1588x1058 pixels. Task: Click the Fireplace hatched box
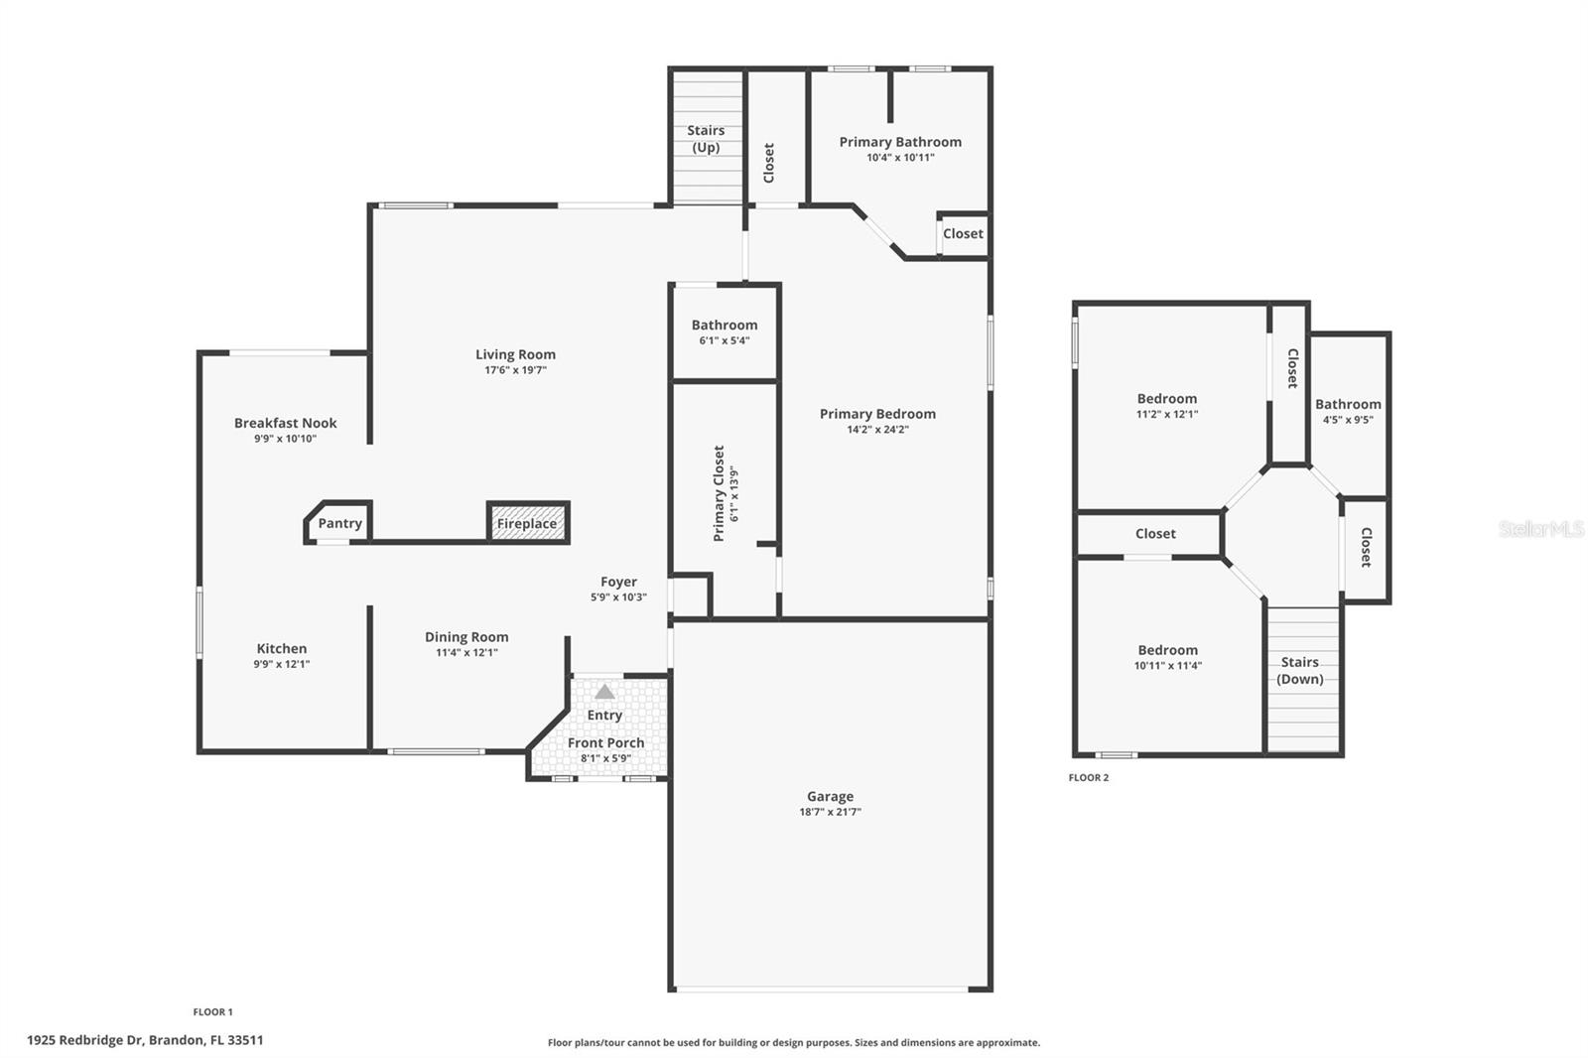coord(527,523)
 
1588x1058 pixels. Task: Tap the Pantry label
coord(339,523)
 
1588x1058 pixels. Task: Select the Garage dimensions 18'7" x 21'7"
coord(830,812)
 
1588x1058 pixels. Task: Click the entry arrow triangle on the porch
coord(604,692)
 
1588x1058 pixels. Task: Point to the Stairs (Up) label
coord(706,139)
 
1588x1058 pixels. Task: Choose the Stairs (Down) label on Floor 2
coord(1299,671)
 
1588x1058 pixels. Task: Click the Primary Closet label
coord(720,492)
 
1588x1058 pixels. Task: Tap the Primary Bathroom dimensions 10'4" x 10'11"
coord(900,158)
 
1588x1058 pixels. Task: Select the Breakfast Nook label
coord(286,423)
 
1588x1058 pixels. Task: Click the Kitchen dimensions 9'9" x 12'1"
coord(282,665)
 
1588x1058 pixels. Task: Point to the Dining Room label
coord(466,637)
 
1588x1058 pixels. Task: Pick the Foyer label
coord(618,583)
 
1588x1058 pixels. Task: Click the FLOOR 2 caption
coord(1089,778)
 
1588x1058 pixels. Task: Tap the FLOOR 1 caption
coord(212,1012)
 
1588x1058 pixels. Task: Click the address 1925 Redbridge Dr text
coord(146,1041)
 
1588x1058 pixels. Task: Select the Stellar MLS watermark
coord(1541,529)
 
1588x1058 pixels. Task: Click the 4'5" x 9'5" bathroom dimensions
coord(1348,420)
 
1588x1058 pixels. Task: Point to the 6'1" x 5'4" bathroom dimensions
coord(725,340)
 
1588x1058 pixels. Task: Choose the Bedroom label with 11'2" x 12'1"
coord(1167,399)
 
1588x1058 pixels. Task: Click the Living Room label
coord(515,354)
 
